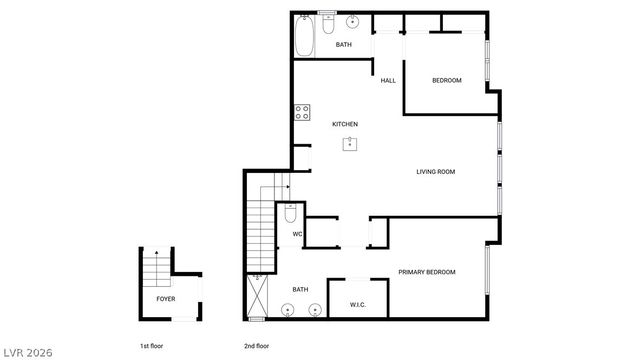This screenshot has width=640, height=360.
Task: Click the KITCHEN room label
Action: pyautogui.click(x=345, y=124)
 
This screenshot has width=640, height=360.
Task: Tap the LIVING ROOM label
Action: pyautogui.click(x=436, y=172)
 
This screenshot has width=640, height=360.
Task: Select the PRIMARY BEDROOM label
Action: pyautogui.click(x=427, y=272)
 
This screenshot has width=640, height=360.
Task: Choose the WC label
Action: pyautogui.click(x=297, y=235)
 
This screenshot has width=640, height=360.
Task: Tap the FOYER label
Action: pyautogui.click(x=165, y=299)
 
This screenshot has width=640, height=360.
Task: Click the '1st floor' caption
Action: pyautogui.click(x=151, y=346)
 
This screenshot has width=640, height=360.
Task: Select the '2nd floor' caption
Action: pyautogui.click(x=257, y=346)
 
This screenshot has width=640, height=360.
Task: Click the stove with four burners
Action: pyautogui.click(x=300, y=113)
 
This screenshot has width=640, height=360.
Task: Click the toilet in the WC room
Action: pyautogui.click(x=290, y=213)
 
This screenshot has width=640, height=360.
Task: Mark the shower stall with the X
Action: pyautogui.click(x=258, y=297)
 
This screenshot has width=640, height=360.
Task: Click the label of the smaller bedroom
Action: pyautogui.click(x=446, y=80)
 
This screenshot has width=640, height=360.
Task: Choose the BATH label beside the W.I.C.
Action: pyautogui.click(x=300, y=290)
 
